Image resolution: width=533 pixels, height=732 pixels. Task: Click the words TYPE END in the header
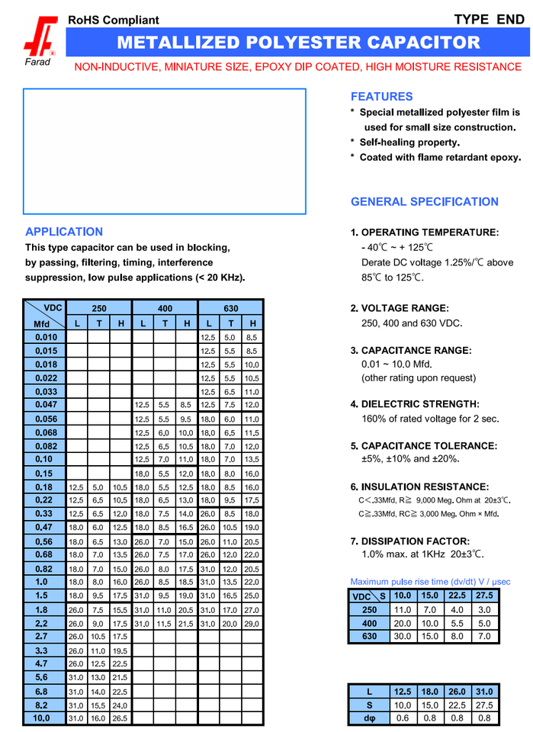pyautogui.click(x=489, y=20)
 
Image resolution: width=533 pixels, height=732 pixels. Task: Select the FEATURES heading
pyautogui.click(x=381, y=97)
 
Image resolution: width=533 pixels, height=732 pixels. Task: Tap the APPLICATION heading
pyautogui.click(x=64, y=232)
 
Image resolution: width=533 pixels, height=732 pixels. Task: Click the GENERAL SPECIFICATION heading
pyautogui.click(x=425, y=202)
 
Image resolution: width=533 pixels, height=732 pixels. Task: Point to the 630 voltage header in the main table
pyautogui.click(x=231, y=309)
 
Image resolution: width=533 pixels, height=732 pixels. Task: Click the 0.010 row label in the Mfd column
pyautogui.click(x=46, y=337)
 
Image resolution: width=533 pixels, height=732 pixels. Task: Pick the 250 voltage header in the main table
pyautogui.click(x=99, y=309)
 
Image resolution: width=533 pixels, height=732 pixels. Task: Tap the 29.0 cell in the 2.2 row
pyautogui.click(x=252, y=624)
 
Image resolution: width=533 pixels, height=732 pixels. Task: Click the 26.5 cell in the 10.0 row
pyautogui.click(x=120, y=718)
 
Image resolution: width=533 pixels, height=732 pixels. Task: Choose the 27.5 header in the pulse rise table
pyautogui.click(x=484, y=595)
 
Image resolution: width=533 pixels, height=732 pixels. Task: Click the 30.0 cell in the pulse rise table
pyautogui.click(x=404, y=636)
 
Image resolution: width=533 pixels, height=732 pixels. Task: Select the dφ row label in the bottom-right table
pyautogui.click(x=369, y=718)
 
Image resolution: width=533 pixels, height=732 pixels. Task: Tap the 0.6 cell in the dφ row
pyautogui.click(x=402, y=718)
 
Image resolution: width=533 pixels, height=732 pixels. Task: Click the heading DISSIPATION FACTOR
pyautogui.click(x=420, y=541)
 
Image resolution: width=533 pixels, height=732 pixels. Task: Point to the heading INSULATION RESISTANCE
pyautogui.click(x=425, y=486)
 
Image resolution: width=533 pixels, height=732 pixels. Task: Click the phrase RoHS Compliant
pyautogui.click(x=114, y=20)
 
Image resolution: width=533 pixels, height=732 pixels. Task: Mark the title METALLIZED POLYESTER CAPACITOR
pyautogui.click(x=299, y=43)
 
